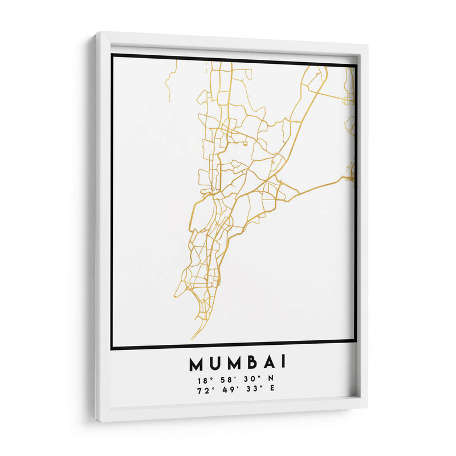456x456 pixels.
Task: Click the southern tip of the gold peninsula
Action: pos(192,339)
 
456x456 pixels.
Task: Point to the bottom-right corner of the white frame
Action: pos(367,407)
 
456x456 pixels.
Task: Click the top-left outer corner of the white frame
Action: pos(96,34)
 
